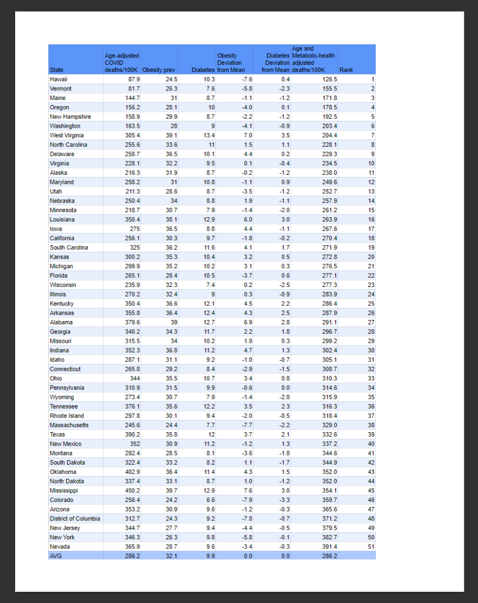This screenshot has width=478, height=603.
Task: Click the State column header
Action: (x=56, y=70)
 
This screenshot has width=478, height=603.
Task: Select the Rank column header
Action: (x=345, y=70)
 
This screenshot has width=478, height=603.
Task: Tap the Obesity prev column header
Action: (x=159, y=70)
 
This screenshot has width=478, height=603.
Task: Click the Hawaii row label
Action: (x=59, y=79)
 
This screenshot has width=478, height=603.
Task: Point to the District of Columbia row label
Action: (x=75, y=519)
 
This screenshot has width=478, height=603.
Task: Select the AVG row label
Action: (x=55, y=556)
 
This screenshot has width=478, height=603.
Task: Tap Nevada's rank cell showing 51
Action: (x=370, y=547)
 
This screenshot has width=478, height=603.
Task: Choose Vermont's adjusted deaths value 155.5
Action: (x=328, y=89)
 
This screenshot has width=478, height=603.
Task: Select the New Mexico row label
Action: (x=65, y=444)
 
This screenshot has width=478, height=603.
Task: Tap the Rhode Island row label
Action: (x=67, y=416)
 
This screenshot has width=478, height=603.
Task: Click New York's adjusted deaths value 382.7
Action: (x=328, y=537)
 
